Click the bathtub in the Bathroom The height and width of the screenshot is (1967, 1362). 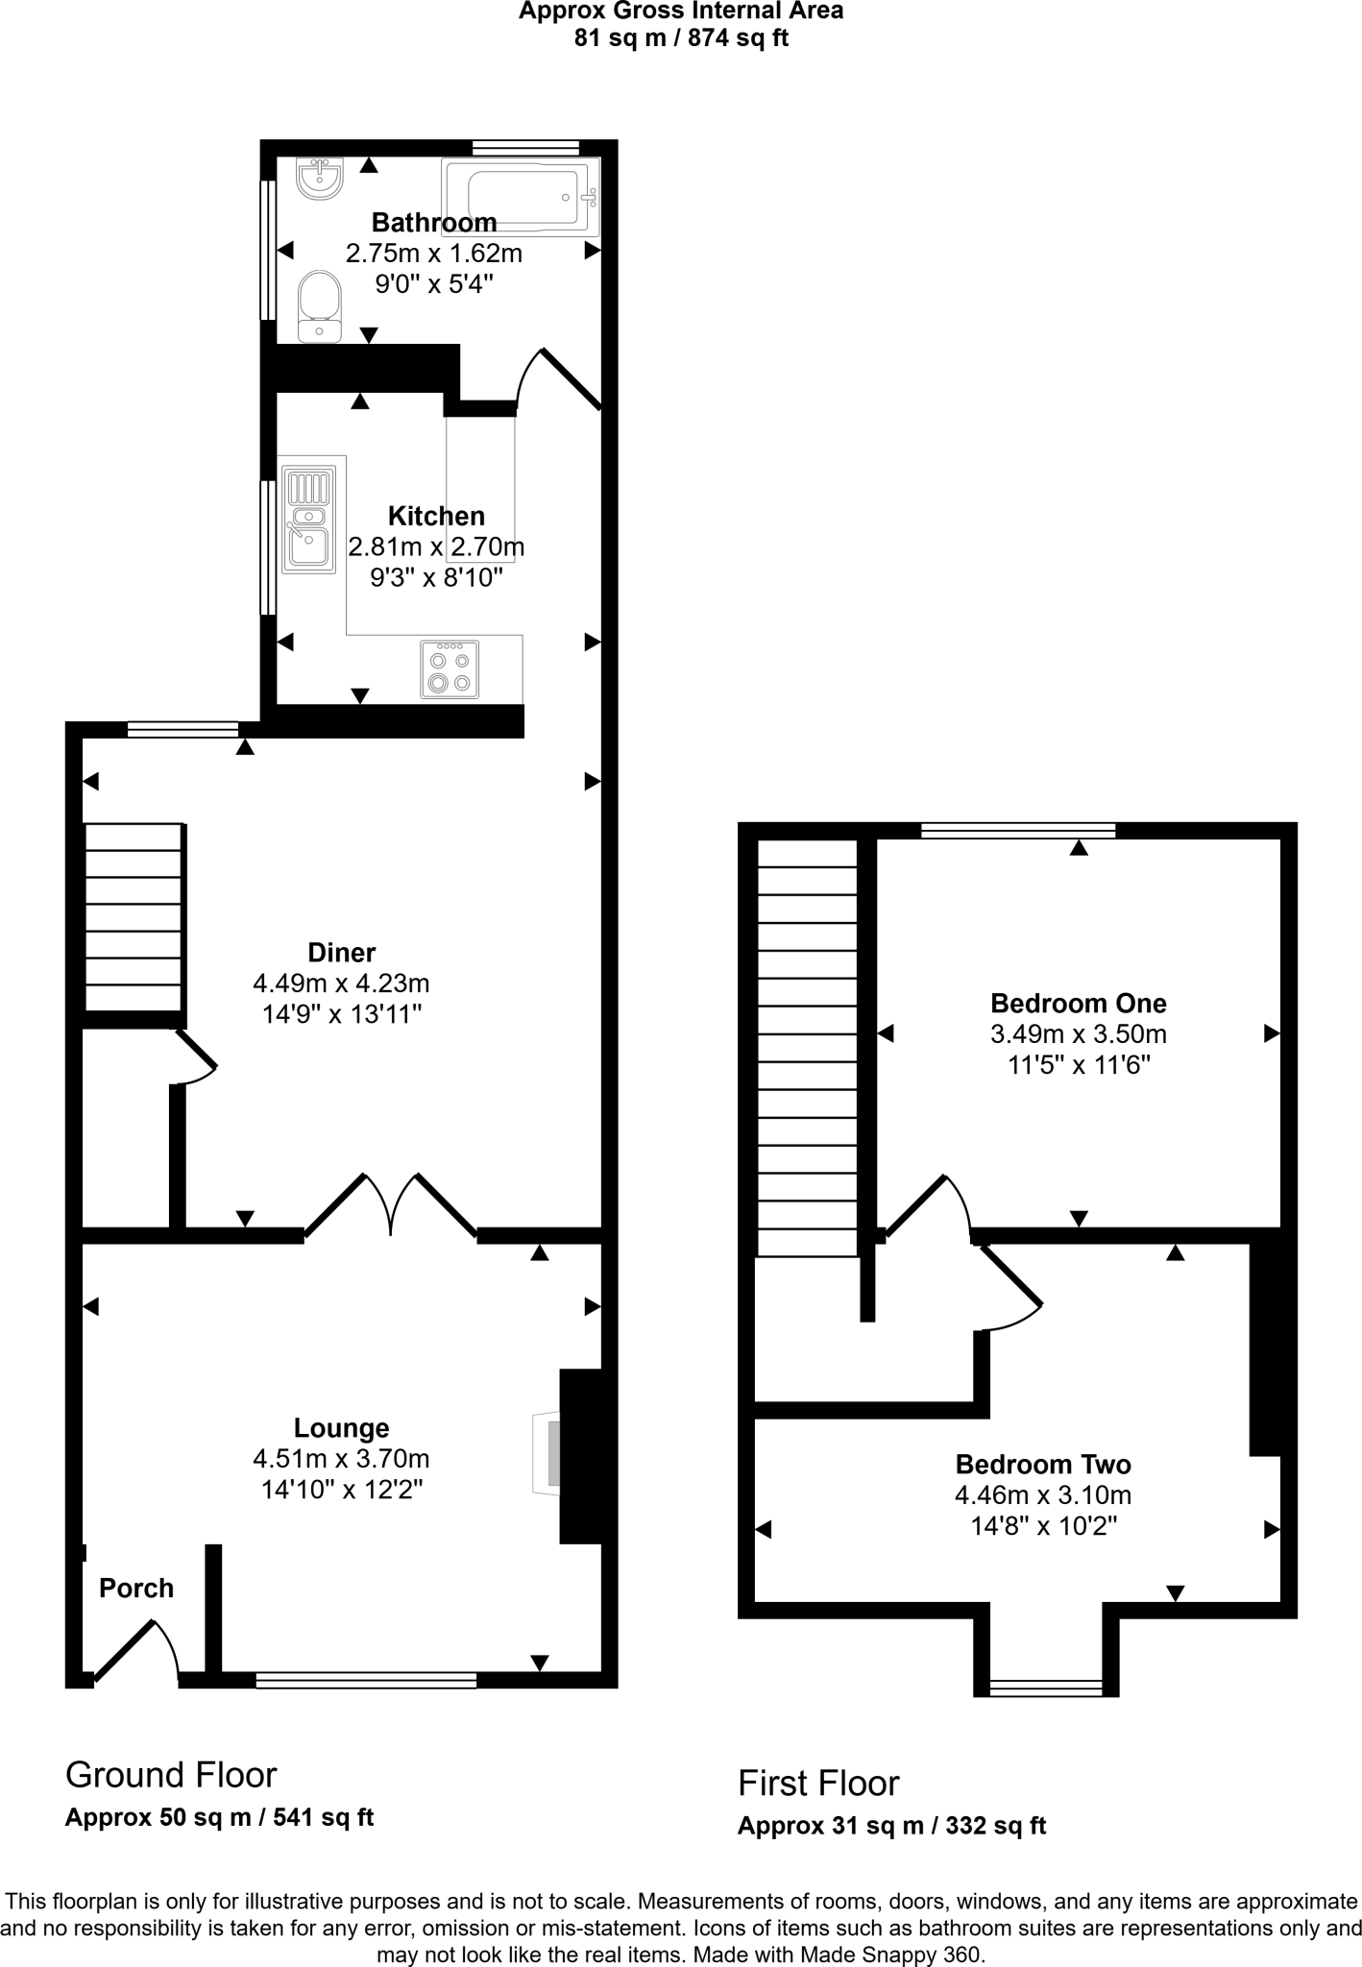(520, 197)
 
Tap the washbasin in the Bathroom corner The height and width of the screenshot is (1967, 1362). (320, 178)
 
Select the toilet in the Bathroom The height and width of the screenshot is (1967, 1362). (319, 305)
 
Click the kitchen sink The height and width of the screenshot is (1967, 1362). (308, 520)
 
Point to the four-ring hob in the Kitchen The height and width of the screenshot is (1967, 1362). (450, 669)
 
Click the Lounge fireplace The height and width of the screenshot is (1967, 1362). (548, 1454)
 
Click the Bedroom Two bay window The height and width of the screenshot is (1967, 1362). (1046, 1688)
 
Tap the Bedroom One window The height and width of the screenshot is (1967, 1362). (1018, 831)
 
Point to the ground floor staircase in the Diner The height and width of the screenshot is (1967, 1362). (134, 917)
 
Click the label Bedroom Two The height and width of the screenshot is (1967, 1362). (1043, 1465)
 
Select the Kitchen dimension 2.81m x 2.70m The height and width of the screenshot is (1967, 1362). (436, 547)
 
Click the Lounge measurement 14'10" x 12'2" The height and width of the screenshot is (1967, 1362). (342, 1490)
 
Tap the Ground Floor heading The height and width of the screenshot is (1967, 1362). (171, 1775)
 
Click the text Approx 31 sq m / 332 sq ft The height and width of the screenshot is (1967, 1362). (891, 1826)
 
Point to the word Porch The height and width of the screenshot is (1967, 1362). (136, 1588)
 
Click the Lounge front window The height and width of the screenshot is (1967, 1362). (366, 1680)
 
